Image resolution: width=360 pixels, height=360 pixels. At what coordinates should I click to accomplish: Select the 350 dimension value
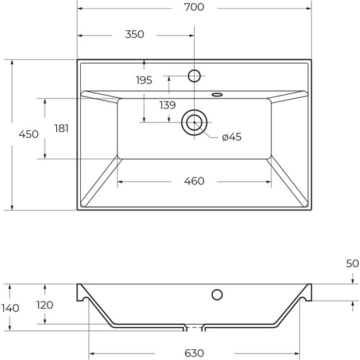tap(134, 35)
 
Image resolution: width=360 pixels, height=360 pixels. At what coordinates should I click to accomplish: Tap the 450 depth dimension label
tap(28, 135)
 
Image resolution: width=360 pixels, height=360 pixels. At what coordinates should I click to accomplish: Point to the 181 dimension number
tap(61, 128)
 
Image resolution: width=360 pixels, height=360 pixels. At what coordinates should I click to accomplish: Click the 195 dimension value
tap(144, 80)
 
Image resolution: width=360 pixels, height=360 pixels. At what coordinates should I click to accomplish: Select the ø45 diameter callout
tap(232, 137)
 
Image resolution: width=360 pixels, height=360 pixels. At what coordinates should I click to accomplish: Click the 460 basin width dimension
tap(194, 181)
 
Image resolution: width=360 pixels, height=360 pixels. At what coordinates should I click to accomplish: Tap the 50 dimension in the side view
tap(352, 264)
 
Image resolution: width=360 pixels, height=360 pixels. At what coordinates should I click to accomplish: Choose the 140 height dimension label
tap(10, 308)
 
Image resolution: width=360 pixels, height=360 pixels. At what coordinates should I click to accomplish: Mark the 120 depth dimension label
tap(44, 305)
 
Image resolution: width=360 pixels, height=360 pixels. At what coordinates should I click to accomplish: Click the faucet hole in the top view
tap(195, 76)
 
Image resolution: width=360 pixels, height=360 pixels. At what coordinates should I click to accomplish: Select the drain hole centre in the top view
tap(194, 122)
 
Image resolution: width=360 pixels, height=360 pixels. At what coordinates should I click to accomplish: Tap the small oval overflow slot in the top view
tap(217, 95)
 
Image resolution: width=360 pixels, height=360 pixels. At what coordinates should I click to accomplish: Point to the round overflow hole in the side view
tap(217, 294)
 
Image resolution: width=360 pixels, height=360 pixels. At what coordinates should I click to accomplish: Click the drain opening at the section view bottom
tap(195, 328)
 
